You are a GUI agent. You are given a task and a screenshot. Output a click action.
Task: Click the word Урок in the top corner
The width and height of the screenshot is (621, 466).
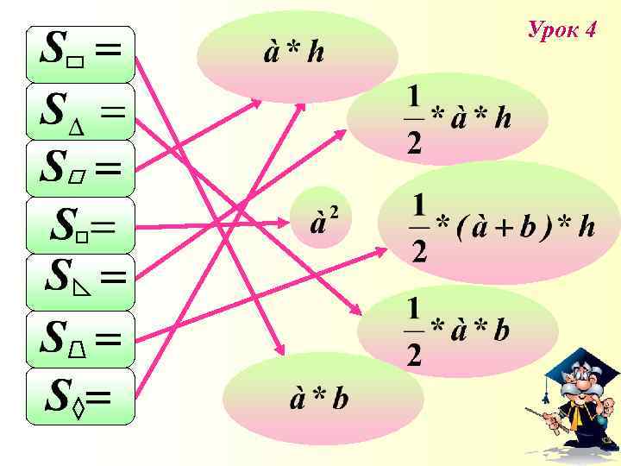click(552, 30)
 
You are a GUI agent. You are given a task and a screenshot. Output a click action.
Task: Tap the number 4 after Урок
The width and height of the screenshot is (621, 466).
click(590, 30)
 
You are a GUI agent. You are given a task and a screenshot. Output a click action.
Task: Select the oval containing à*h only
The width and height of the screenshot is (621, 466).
click(297, 55)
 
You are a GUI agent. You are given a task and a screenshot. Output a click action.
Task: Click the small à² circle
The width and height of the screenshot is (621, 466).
click(322, 219)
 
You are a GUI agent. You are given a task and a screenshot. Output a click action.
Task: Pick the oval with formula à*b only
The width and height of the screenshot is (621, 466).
click(323, 399)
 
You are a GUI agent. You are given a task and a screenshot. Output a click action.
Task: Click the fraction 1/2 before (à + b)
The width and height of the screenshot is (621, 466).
click(420, 228)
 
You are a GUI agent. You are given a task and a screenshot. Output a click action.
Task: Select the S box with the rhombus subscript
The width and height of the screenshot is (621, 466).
click(80, 397)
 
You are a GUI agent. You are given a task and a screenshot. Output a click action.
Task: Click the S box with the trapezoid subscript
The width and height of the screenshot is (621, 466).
click(80, 340)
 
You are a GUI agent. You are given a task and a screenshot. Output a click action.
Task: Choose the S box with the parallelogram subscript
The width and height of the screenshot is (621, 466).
click(80, 168)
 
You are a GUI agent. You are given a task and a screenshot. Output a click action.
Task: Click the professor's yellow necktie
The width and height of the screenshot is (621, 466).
click(574, 419)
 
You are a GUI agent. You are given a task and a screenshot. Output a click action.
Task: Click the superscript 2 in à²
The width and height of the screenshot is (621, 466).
click(333, 209)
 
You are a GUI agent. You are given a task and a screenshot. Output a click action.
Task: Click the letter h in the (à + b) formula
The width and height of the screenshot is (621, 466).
click(586, 226)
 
